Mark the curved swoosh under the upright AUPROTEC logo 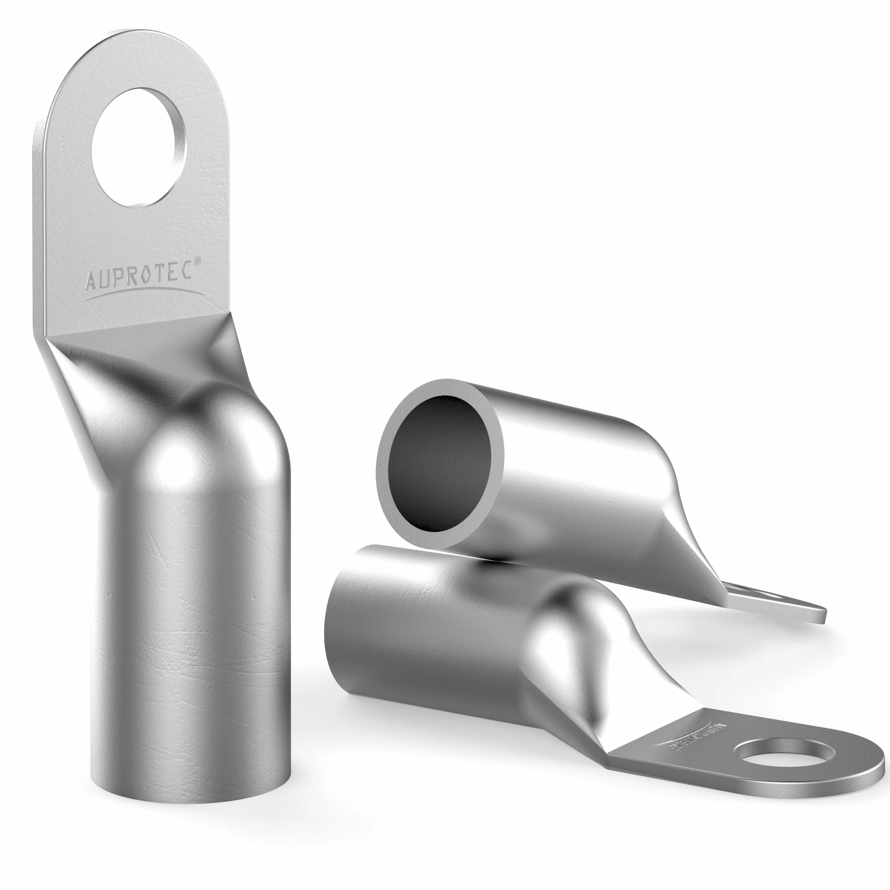[x=146, y=294]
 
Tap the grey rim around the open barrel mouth [x=383, y=465]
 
